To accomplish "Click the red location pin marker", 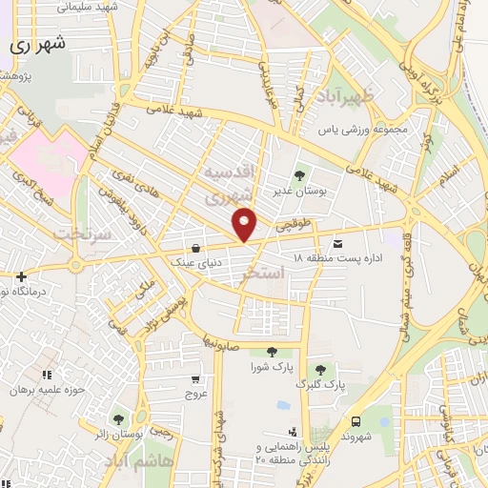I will point(246,225).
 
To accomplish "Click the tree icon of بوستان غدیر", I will point(300,175).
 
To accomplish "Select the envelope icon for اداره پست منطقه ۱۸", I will point(337,244).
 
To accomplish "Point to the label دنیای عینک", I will point(194,259).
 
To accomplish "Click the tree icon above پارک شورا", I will point(272,352).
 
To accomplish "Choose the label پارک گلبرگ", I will point(320,384).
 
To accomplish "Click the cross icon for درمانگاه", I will point(21,277).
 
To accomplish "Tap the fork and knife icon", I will point(48,374).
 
